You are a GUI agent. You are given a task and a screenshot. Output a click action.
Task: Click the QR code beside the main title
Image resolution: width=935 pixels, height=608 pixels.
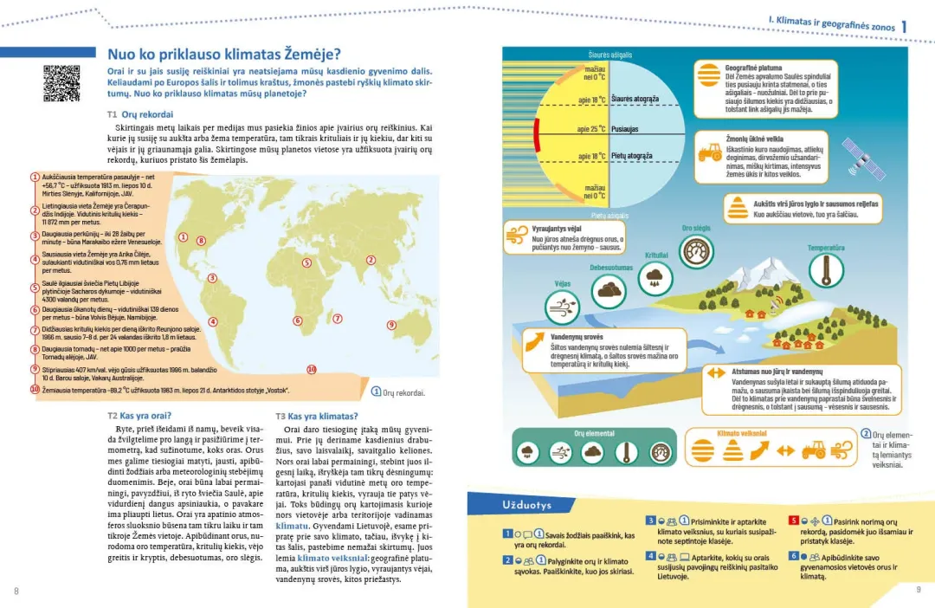tap(61, 83)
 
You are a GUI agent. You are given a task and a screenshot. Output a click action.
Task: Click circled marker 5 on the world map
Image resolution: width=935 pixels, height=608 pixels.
tap(306, 262)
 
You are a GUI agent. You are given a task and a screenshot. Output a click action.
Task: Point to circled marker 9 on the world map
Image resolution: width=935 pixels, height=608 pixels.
tap(391, 325)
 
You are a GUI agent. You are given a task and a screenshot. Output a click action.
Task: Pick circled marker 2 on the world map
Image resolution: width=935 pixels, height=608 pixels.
tap(371, 260)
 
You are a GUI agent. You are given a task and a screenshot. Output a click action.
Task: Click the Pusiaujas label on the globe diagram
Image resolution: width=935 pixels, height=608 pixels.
tap(625, 128)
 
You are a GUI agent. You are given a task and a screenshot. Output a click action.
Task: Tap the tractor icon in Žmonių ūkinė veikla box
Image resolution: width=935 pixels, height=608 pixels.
tap(709, 153)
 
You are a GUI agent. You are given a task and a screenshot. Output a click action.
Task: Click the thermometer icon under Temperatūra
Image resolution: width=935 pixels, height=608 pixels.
tap(825, 270)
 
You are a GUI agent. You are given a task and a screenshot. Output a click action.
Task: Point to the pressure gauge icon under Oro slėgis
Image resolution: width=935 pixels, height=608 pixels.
tap(697, 251)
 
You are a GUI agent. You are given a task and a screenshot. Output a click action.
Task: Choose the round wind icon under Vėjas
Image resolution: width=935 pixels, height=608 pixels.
tap(562, 307)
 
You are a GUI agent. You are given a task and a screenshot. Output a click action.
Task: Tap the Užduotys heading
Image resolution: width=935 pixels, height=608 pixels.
tap(526, 504)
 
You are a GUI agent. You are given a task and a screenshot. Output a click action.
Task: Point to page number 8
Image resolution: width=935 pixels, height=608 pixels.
tap(16, 591)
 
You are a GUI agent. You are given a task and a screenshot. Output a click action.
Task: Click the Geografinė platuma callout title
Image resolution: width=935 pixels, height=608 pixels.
tap(753, 68)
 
